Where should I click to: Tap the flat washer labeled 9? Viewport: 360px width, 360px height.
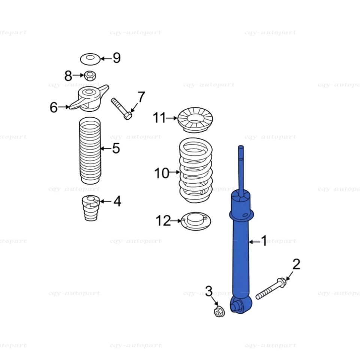pos(90,58)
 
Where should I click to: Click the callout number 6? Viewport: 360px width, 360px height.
pos(54,108)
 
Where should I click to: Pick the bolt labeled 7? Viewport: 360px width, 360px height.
pos(120,108)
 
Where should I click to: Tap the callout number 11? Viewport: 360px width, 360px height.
pos(159,118)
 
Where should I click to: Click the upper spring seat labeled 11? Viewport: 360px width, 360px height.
pos(195,119)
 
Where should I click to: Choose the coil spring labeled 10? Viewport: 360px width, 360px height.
pos(196,171)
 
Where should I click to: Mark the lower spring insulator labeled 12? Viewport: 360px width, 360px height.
pos(196,221)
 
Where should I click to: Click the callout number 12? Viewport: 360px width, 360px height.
pos(163,221)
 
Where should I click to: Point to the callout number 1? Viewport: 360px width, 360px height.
pos(264,241)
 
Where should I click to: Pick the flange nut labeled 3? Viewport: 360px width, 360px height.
pos(219,311)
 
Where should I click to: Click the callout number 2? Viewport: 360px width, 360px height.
pos(296,264)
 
